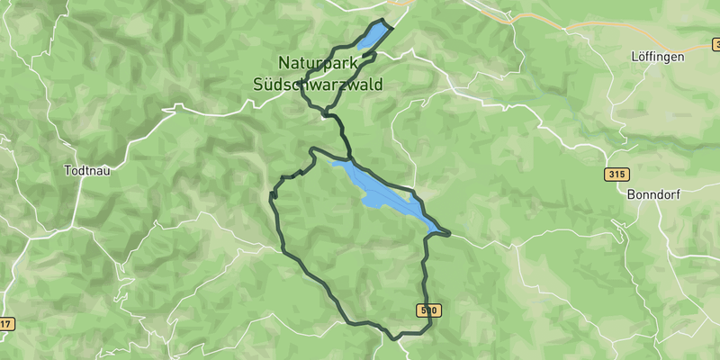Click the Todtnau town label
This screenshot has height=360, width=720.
tap(88, 170)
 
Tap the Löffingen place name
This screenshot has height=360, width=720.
tap(657, 56)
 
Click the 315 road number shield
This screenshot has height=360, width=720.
tap(616, 174)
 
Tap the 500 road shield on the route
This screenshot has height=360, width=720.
tap(428, 310)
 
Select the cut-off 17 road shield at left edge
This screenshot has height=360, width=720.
tap(5, 324)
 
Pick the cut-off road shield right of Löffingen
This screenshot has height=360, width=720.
tap(715, 44)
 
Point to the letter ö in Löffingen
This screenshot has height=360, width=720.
tap(643, 56)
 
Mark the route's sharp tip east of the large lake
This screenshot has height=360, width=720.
tap(448, 235)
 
